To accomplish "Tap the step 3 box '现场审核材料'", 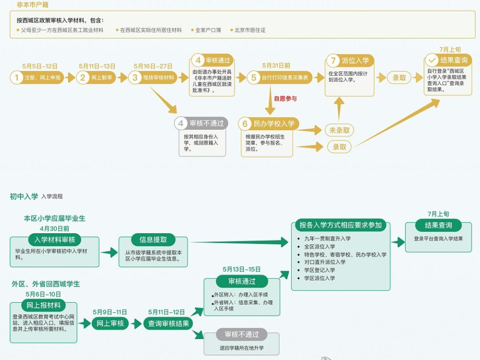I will (x=153, y=78).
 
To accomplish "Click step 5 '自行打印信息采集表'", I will (x=272, y=78).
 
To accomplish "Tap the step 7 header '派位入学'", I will (x=350, y=61).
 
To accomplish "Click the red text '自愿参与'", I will (x=285, y=99).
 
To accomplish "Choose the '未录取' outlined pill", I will (x=339, y=130).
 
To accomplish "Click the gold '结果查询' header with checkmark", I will (x=448, y=60).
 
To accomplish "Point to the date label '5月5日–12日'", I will (x=40, y=66).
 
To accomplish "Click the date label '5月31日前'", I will (x=276, y=66).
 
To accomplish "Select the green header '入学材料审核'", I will (x=54, y=240).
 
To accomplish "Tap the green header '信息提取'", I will (x=153, y=240).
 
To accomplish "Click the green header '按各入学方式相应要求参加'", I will (x=341, y=225).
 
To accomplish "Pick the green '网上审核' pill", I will (x=110, y=324).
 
